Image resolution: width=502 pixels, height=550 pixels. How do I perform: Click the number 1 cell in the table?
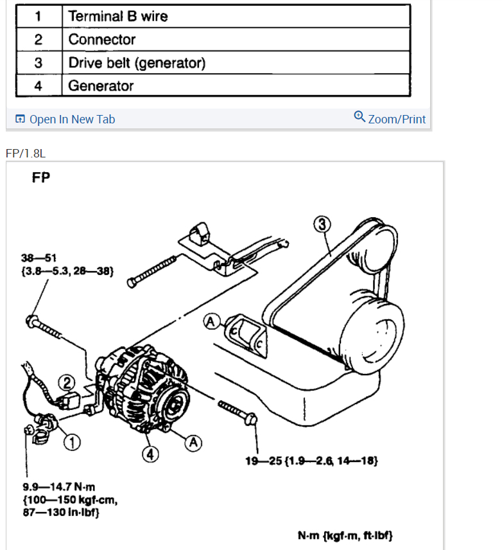point(39,16)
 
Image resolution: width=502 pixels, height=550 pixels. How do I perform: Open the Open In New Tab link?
point(65,119)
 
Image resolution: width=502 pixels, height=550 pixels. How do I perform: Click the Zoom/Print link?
point(390,118)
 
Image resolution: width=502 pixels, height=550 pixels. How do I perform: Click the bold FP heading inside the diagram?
point(41,178)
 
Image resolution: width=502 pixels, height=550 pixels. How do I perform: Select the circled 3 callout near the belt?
point(322,225)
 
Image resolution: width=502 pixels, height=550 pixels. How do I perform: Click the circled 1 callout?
point(73,442)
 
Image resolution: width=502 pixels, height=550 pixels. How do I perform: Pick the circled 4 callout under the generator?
point(149,453)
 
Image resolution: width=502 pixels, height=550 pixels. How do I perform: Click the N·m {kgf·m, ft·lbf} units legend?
point(345,535)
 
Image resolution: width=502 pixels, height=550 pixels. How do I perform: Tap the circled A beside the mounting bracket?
point(210,321)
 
